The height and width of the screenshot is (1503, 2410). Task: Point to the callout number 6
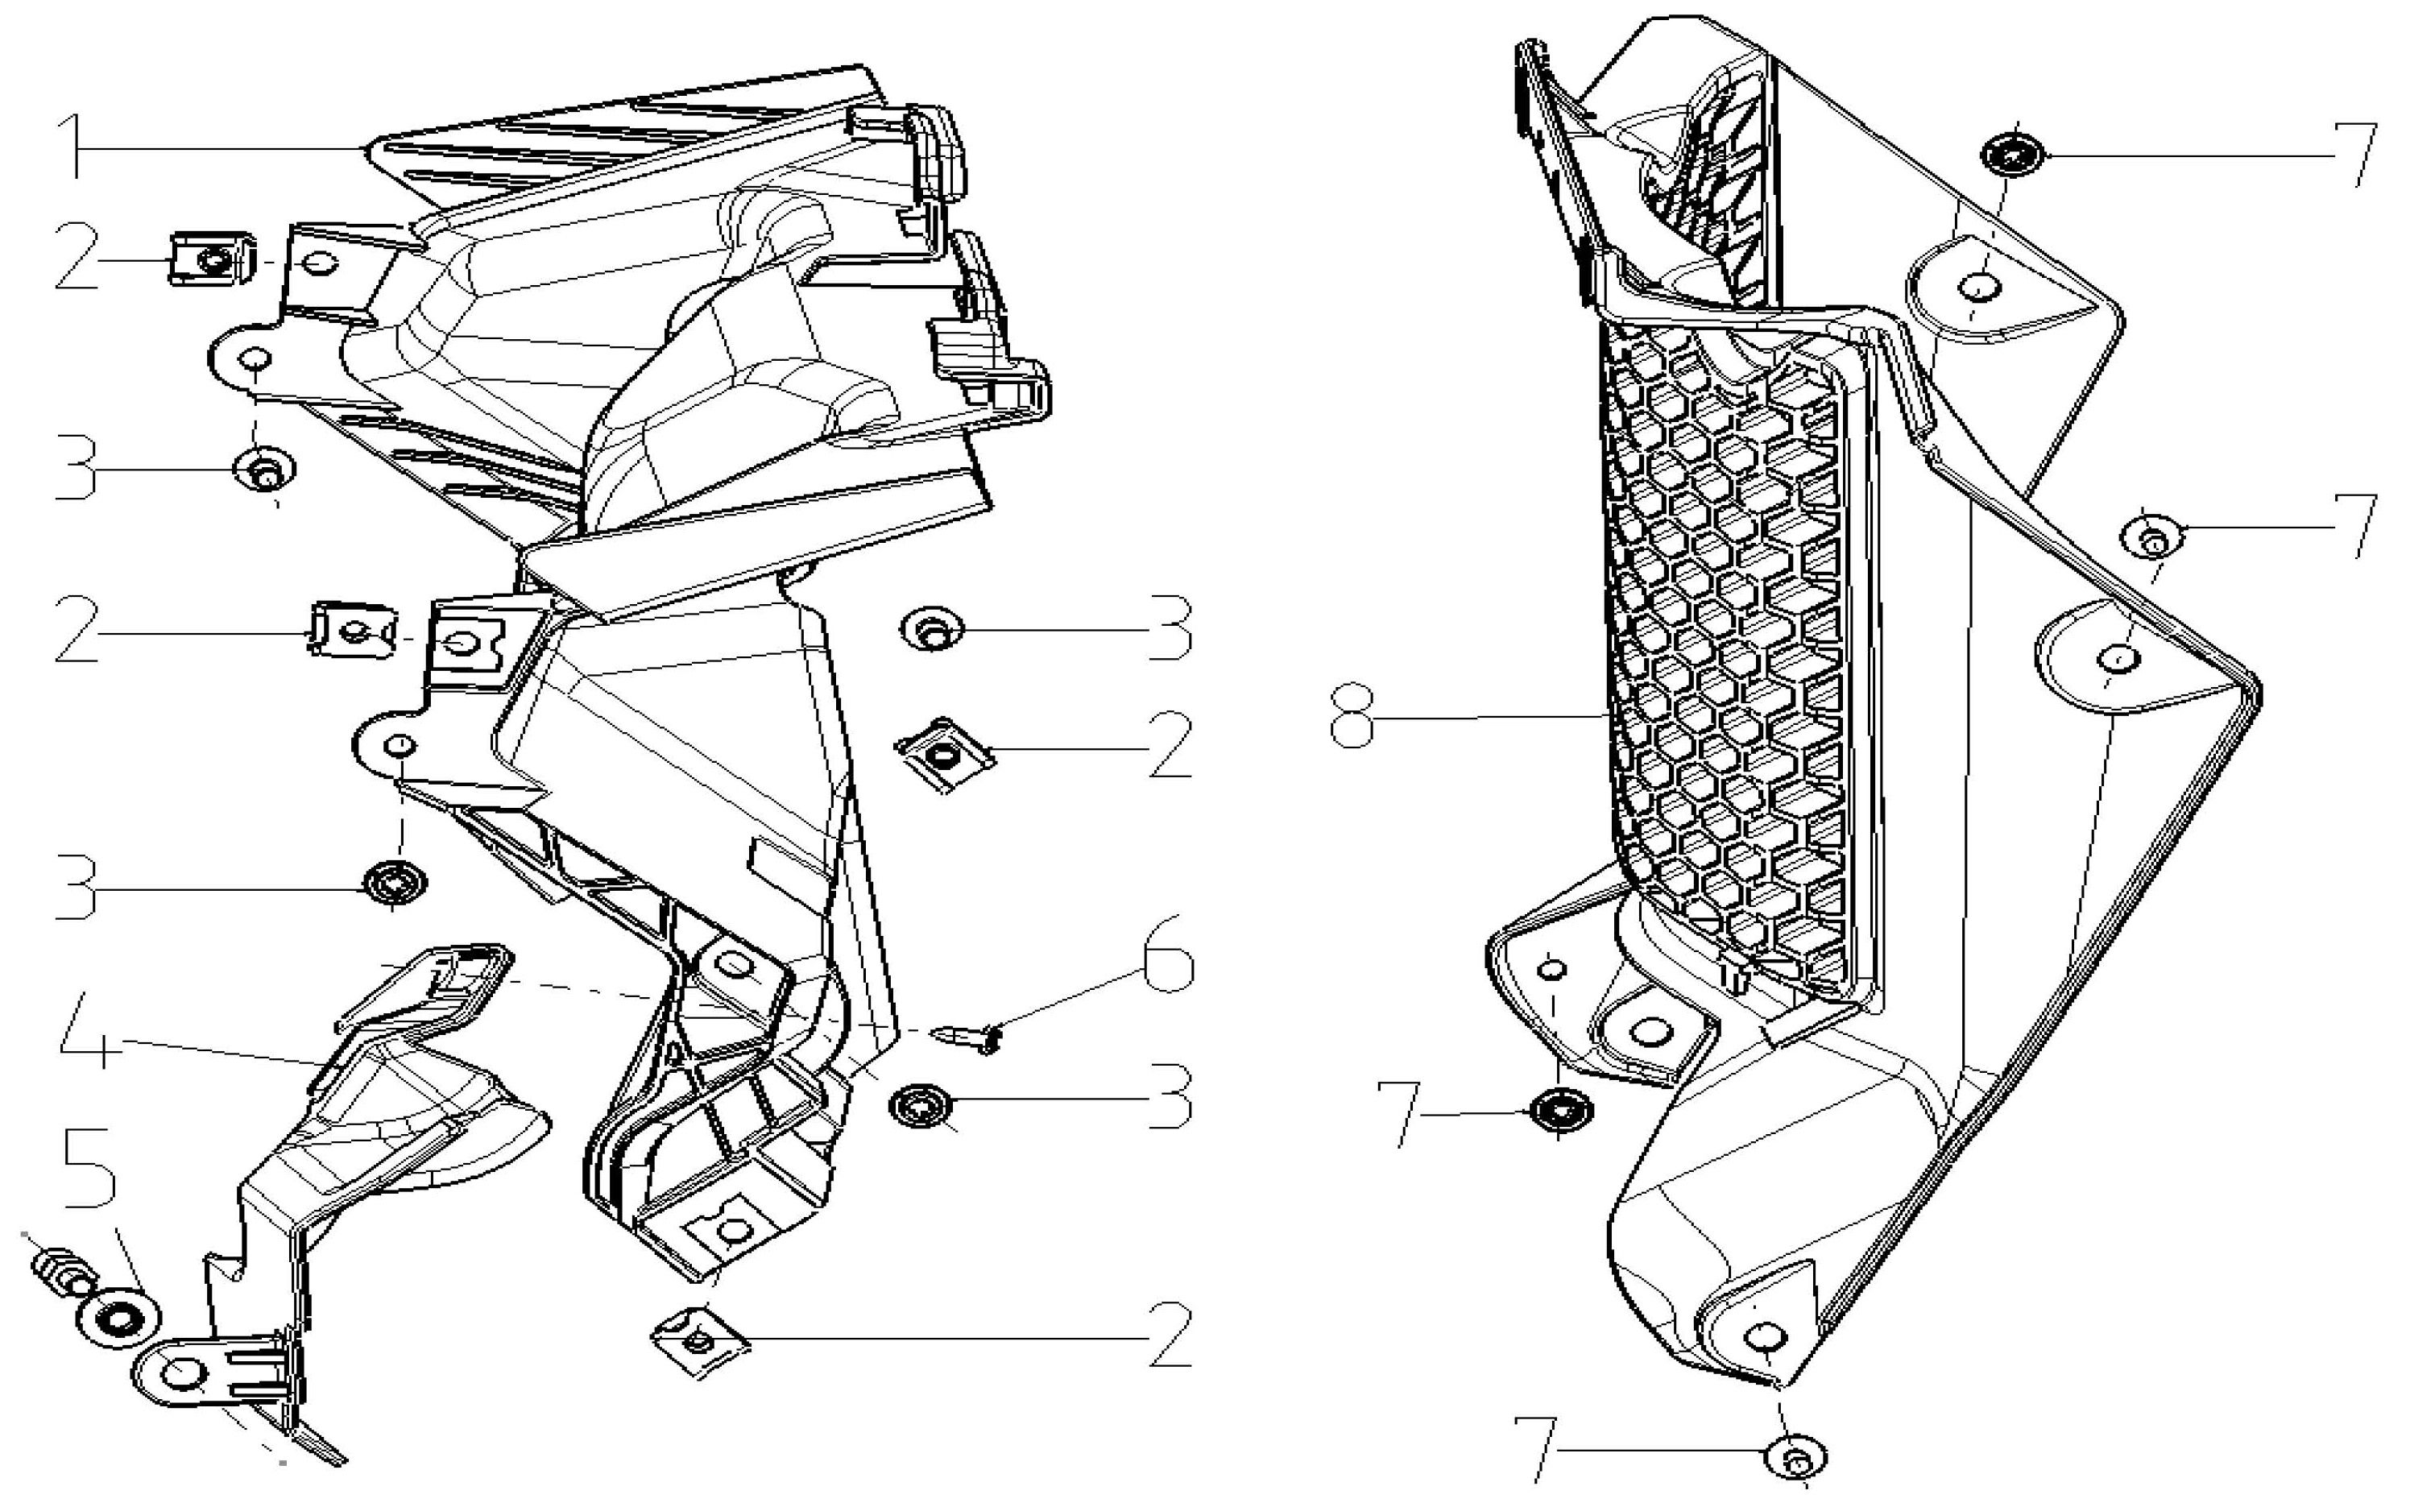point(1168,955)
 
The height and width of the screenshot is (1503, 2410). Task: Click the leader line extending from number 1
point(218,148)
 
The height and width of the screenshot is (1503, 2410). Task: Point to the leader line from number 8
point(1491,716)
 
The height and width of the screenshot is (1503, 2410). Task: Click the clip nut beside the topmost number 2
point(209,259)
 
